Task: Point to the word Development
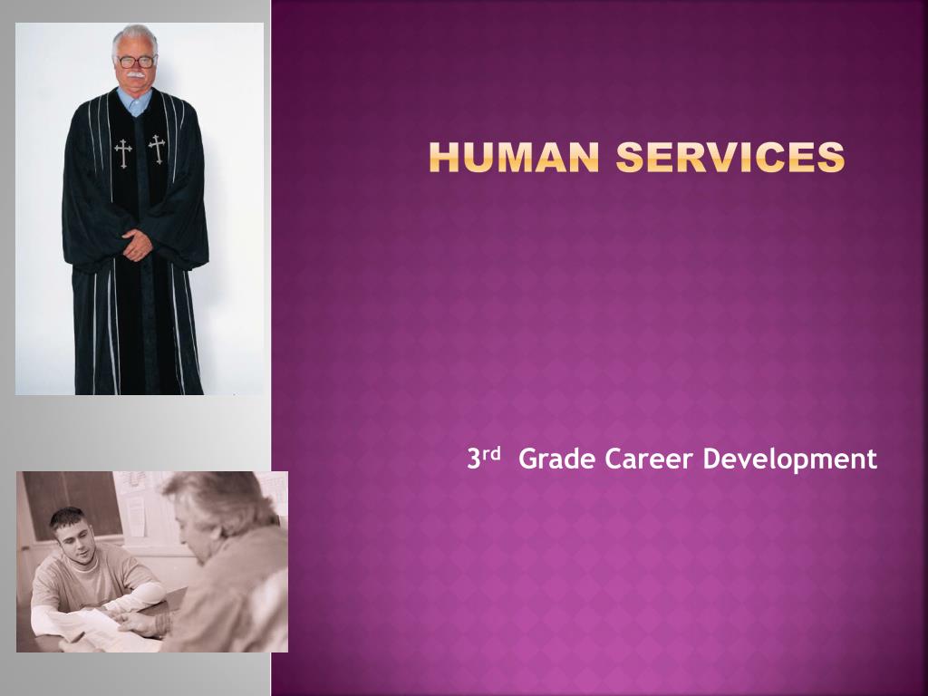pyautogui.click(x=790, y=459)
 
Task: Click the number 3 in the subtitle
pyautogui.click(x=473, y=459)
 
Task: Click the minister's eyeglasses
pyautogui.click(x=135, y=62)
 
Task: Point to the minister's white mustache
pyautogui.click(x=135, y=74)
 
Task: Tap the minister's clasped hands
pyautogui.click(x=137, y=243)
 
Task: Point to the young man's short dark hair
pyautogui.click(x=65, y=517)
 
